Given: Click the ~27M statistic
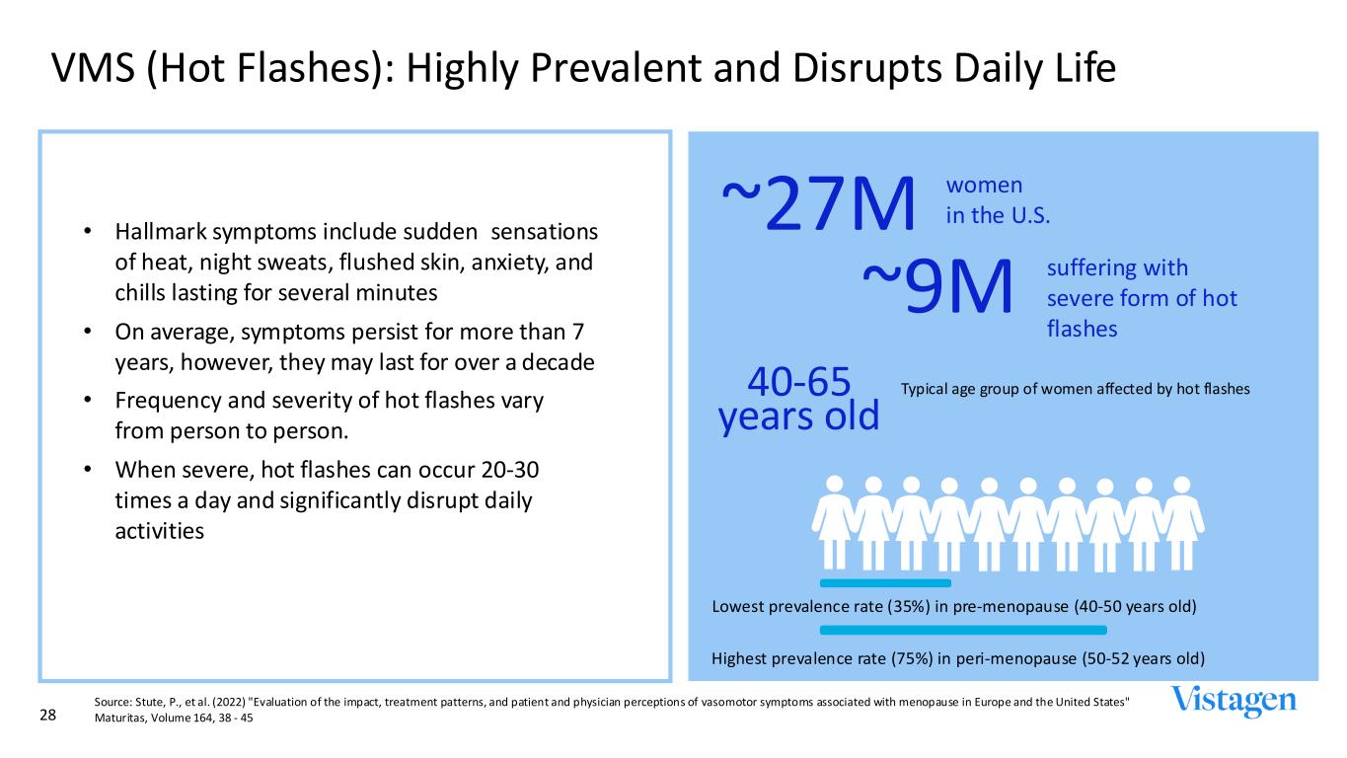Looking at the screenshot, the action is [x=818, y=203].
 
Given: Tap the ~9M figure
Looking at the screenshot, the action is [x=937, y=286].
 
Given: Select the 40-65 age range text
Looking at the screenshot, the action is [x=798, y=381].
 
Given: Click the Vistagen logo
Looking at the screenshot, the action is [x=1234, y=701].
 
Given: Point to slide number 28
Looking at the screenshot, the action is [x=47, y=715].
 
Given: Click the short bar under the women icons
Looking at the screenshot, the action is [x=885, y=583].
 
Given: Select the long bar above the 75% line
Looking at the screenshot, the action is [x=963, y=630].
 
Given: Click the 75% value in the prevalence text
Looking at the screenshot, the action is [x=912, y=658].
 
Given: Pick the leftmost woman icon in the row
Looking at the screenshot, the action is [x=834, y=522].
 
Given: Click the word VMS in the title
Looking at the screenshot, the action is [x=93, y=67].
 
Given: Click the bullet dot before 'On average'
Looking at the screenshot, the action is [x=88, y=331].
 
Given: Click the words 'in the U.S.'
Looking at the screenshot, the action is [x=998, y=215].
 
